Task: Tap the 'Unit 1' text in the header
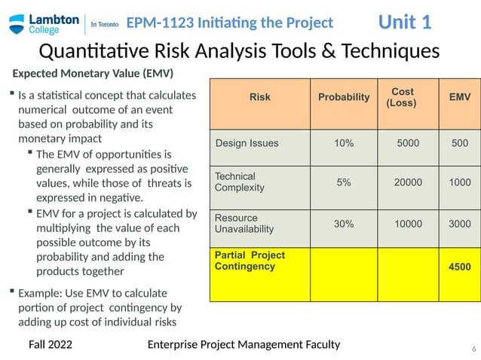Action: point(404,22)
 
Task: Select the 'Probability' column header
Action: point(344,97)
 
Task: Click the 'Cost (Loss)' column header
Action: point(402,97)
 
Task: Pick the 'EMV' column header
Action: point(459,97)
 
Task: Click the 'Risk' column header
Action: point(259,97)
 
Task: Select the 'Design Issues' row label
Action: point(247,143)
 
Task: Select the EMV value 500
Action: point(459,143)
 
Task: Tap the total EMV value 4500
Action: point(459,267)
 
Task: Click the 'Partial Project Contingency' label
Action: point(250,261)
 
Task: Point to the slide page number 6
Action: point(473,349)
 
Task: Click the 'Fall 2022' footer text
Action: point(51,345)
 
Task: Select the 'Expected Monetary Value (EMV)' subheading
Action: point(92,74)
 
